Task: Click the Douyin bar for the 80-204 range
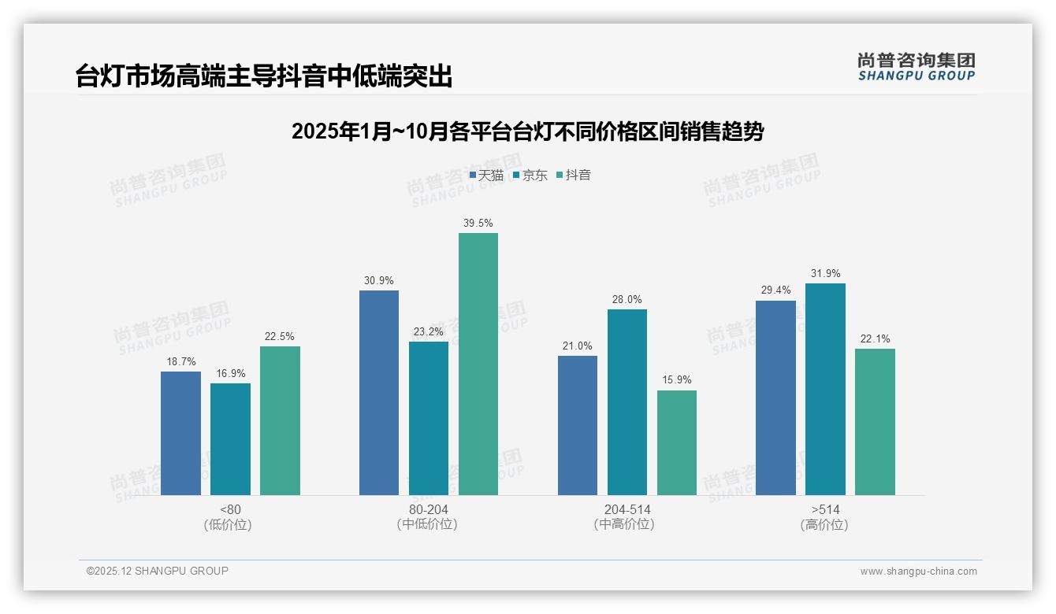tap(478, 364)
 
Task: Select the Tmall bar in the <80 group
tap(180, 433)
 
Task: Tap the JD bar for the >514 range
tap(825, 389)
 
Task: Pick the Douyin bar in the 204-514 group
tap(677, 442)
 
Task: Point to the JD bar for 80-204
tap(429, 418)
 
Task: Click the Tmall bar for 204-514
tap(578, 425)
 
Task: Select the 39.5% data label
tap(478, 224)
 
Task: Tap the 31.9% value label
tap(825, 274)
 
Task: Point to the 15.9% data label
tap(677, 380)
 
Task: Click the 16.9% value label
tap(230, 373)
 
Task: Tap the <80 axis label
tap(230, 509)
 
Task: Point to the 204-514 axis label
tap(627, 509)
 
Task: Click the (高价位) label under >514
tap(825, 525)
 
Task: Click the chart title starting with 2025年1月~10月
tap(527, 131)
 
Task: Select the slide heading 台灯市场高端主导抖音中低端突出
tap(264, 76)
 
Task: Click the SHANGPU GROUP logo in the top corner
tap(916, 67)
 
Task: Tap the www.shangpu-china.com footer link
tap(918, 571)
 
